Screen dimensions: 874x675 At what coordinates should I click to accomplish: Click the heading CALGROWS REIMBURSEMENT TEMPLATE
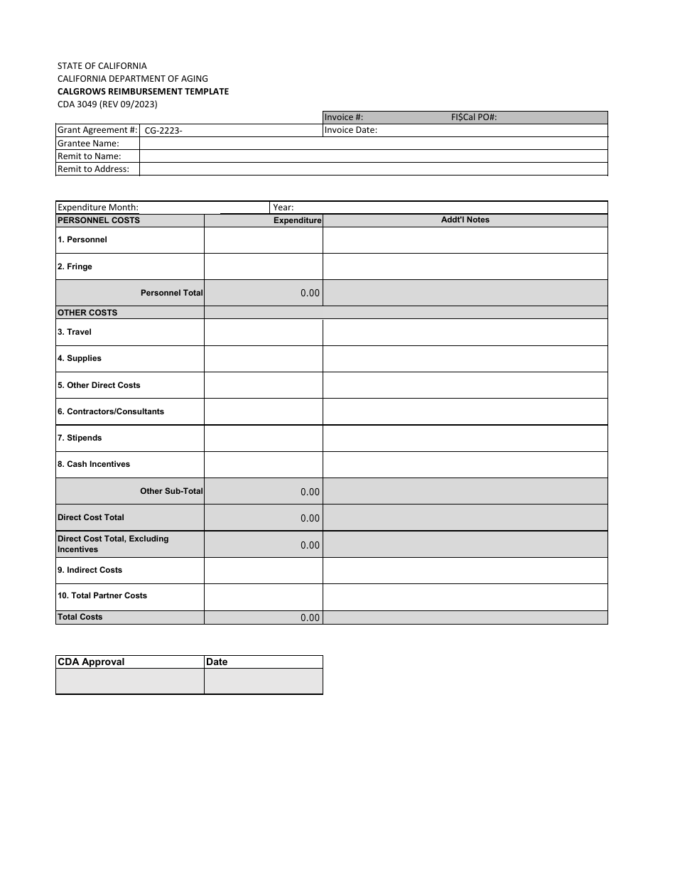[x=143, y=91]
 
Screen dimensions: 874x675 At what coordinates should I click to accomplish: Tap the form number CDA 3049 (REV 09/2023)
[x=107, y=104]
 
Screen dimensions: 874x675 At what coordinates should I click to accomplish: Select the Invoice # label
[x=344, y=117]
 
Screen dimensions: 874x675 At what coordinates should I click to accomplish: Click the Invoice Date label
[x=351, y=130]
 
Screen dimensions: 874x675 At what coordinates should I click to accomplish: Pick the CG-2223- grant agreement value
[x=163, y=131]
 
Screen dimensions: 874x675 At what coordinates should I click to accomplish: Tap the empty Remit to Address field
[x=373, y=169]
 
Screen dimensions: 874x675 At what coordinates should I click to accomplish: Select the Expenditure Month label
[x=98, y=207]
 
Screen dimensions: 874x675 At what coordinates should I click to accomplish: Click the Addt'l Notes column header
[x=465, y=220]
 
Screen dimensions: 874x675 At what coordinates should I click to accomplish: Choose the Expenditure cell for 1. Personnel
[x=263, y=240]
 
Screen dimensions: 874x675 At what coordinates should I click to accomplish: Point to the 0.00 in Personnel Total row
[x=310, y=293]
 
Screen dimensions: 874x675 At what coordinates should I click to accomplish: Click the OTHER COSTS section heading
[x=87, y=313]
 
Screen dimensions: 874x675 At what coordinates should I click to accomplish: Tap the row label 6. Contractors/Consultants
[x=111, y=411]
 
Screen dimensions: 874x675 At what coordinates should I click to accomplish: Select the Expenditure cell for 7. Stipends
[x=263, y=438]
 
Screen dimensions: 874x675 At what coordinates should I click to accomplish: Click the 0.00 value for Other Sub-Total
[x=310, y=492]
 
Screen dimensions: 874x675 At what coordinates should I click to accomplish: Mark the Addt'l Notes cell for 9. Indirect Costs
[x=465, y=570]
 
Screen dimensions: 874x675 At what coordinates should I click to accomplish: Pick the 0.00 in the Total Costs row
[x=310, y=618]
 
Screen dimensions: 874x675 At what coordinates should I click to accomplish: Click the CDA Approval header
[x=91, y=662]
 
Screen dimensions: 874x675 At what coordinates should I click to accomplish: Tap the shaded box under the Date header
[x=263, y=681]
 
